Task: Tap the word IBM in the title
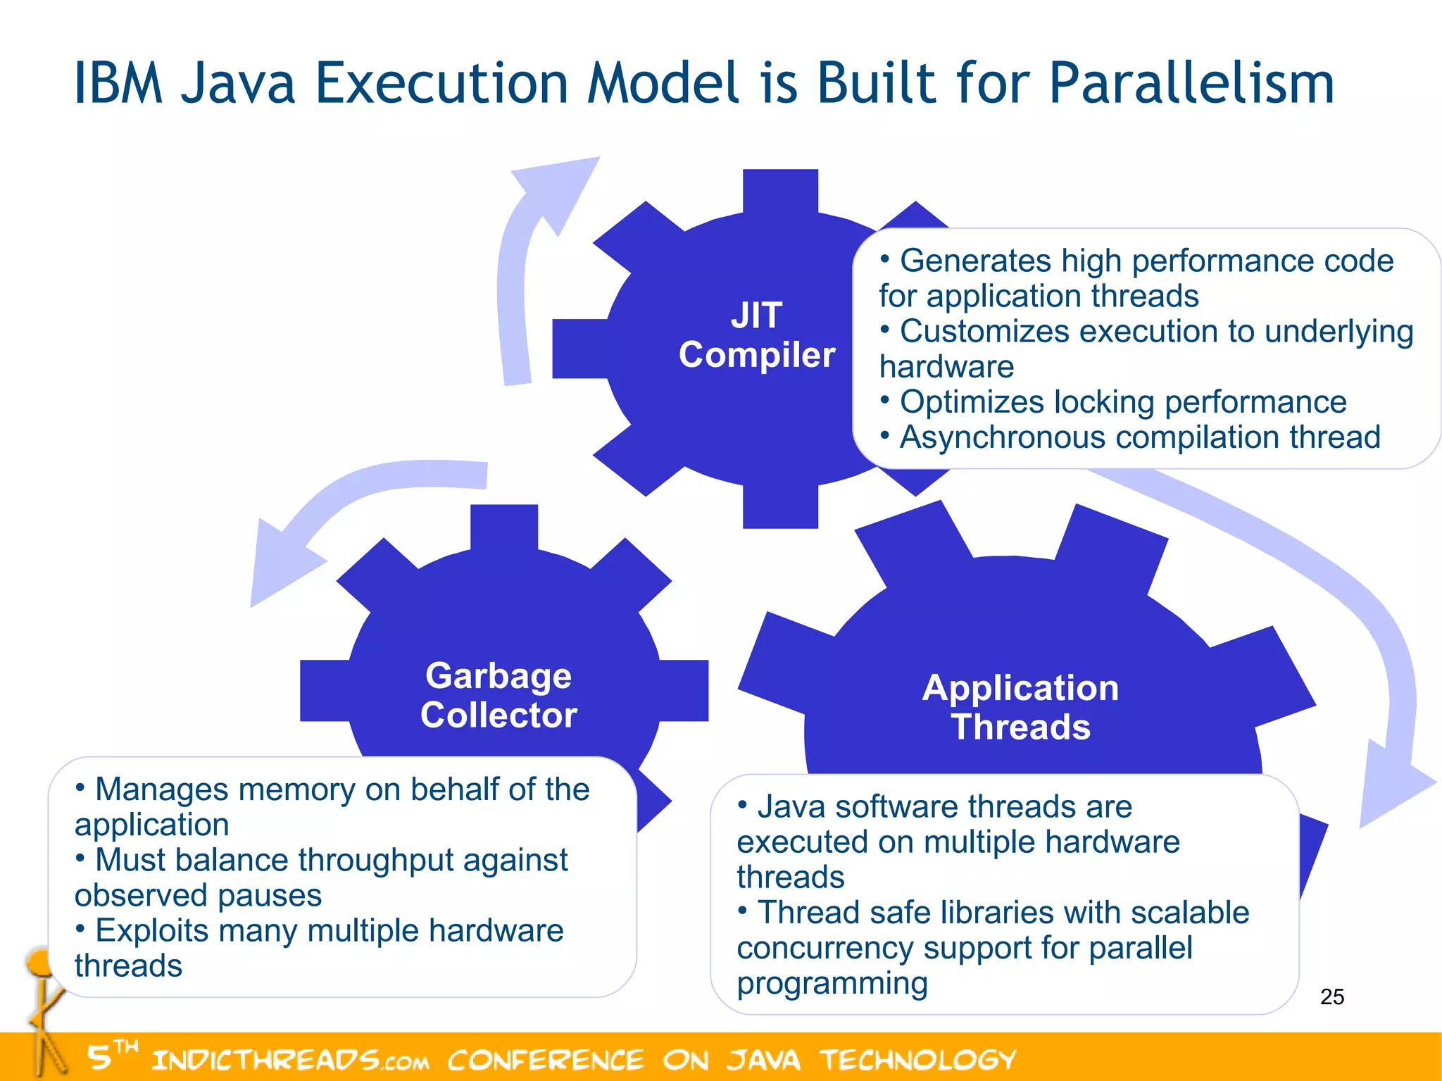click(x=118, y=84)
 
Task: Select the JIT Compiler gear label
click(x=756, y=335)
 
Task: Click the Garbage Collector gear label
click(x=499, y=695)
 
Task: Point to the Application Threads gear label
click(x=1020, y=707)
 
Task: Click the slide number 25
click(x=1331, y=996)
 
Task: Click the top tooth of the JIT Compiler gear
click(x=780, y=190)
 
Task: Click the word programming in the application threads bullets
click(x=832, y=983)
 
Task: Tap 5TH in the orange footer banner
click(x=111, y=1055)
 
